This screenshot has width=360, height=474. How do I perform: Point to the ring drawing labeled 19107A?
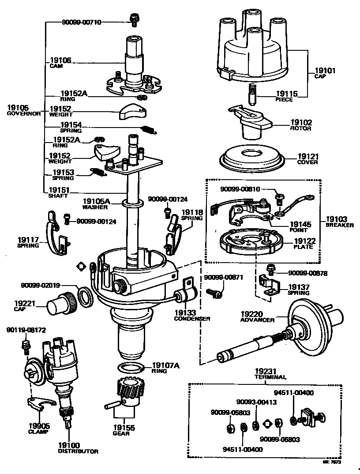coord(131,367)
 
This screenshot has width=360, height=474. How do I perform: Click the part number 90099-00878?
coord(308,273)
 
